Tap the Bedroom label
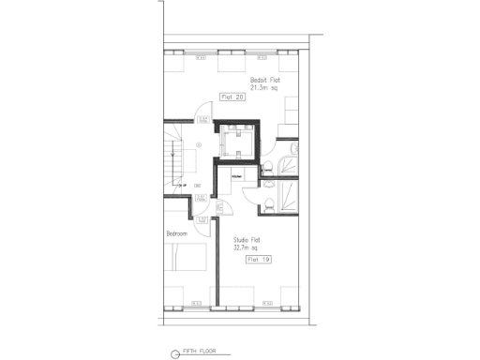177,233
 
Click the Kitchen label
236,174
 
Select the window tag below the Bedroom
196,302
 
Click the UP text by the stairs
187,186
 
